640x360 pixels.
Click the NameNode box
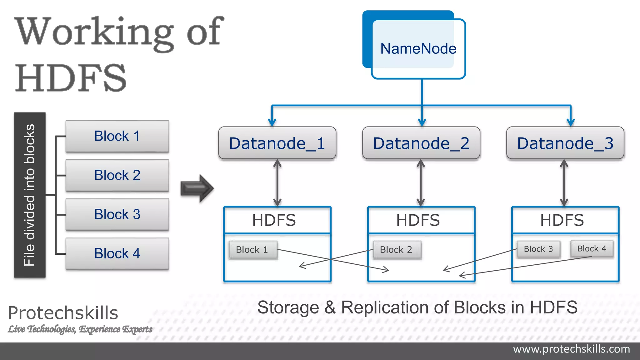pyautogui.click(x=418, y=49)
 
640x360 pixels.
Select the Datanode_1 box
pyautogui.click(x=277, y=143)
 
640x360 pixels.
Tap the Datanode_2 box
pyautogui.click(x=421, y=143)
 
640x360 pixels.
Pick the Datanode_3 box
pyautogui.click(x=565, y=143)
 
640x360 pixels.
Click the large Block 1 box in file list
pyautogui.click(x=117, y=136)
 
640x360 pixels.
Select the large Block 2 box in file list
pyautogui.click(x=117, y=175)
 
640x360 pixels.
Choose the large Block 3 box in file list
pyautogui.click(x=117, y=214)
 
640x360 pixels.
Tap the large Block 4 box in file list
pyautogui.click(x=117, y=253)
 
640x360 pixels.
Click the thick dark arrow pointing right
pyautogui.click(x=197, y=188)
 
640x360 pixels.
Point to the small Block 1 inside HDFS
pyautogui.click(x=252, y=250)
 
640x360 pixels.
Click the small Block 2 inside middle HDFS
pyautogui.click(x=396, y=250)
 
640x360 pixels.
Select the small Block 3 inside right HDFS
pyautogui.click(x=538, y=249)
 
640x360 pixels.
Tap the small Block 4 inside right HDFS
pyautogui.click(x=592, y=249)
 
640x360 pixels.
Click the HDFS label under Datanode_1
pyautogui.click(x=274, y=220)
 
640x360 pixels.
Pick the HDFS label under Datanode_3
pyautogui.click(x=562, y=220)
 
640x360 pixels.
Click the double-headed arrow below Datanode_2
pyautogui.click(x=421, y=183)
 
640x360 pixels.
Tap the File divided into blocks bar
pyautogui.click(x=30, y=195)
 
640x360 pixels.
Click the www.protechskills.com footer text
pyautogui.click(x=571, y=349)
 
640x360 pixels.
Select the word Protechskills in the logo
pyautogui.click(x=63, y=313)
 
